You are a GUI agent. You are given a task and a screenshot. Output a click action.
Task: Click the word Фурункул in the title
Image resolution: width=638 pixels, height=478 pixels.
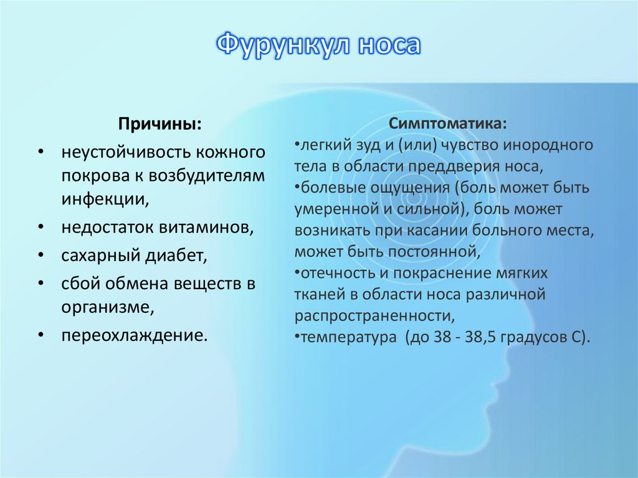click(x=277, y=45)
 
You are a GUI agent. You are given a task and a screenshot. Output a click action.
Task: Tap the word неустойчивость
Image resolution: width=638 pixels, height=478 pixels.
click(x=124, y=152)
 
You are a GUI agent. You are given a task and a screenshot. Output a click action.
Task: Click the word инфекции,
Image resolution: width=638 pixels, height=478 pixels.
click(x=105, y=199)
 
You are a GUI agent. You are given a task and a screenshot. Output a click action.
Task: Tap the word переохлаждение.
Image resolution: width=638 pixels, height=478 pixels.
click(x=134, y=335)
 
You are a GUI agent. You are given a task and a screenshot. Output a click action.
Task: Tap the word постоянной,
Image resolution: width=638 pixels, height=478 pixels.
click(x=439, y=251)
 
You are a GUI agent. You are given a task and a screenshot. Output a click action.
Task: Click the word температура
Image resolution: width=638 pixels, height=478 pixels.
click(x=349, y=337)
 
